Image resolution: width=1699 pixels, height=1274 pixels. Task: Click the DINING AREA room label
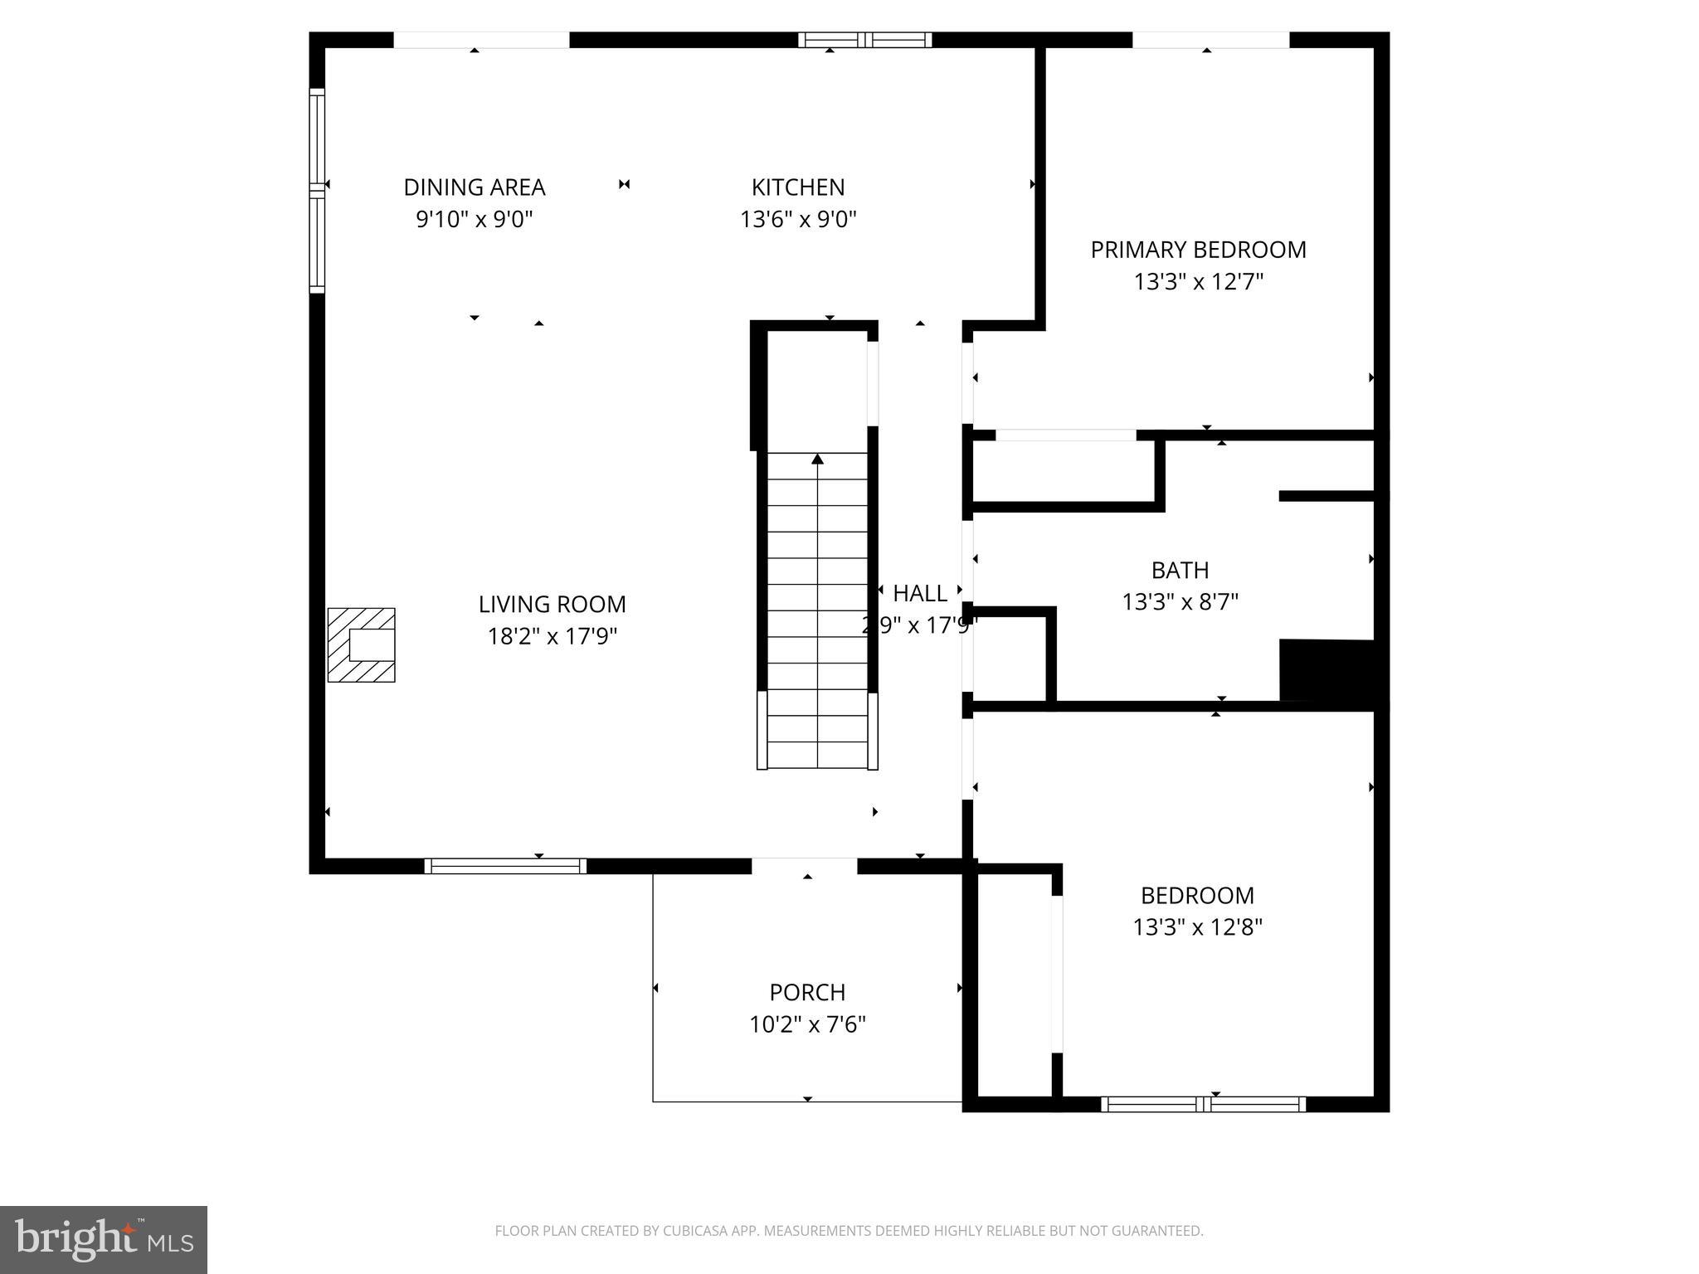(x=474, y=187)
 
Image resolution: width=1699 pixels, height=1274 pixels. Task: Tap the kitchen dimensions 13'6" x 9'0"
(x=797, y=220)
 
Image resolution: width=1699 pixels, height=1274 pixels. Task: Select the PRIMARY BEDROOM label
(x=1197, y=250)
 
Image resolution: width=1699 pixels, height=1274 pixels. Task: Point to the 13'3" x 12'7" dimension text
(x=1197, y=282)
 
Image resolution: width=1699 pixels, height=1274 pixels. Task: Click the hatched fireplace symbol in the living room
(x=362, y=644)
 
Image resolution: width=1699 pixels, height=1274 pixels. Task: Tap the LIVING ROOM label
(x=552, y=605)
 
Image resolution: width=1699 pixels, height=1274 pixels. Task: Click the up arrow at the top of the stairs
(x=817, y=459)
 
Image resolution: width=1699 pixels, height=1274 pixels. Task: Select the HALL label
(x=919, y=594)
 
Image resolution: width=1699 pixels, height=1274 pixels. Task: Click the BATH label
(x=1179, y=571)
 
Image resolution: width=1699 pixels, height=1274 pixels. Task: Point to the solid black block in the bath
(x=1327, y=670)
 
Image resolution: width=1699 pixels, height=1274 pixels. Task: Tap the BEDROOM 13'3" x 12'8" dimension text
(x=1197, y=927)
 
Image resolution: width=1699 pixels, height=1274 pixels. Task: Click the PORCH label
(x=806, y=993)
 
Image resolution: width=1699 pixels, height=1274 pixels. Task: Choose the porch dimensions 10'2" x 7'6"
(x=806, y=1025)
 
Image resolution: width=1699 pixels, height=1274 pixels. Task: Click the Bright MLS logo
(x=104, y=1239)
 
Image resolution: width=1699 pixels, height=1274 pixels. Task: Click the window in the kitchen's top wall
(x=864, y=40)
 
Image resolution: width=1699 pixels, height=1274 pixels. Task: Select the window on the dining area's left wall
(x=317, y=191)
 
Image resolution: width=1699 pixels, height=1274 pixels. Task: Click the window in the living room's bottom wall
(x=505, y=866)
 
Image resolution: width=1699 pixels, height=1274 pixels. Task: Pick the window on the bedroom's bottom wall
(x=1203, y=1104)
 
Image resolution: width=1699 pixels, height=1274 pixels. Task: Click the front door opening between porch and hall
(x=804, y=866)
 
